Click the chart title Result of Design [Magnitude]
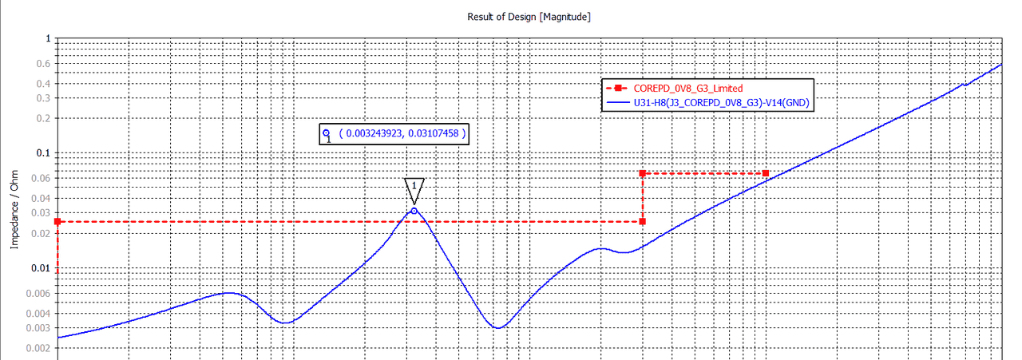click(x=529, y=17)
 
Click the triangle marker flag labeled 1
click(x=414, y=188)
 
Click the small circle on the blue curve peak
click(x=414, y=211)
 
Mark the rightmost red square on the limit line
click(x=765, y=173)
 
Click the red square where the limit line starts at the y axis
click(x=57, y=221)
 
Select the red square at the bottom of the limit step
click(x=643, y=221)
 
